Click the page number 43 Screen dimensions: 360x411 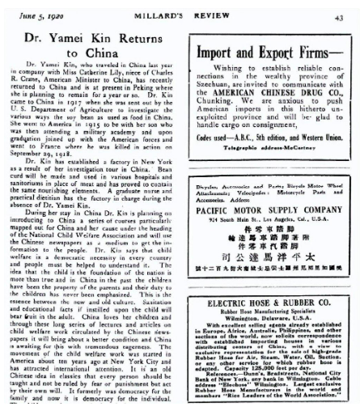[345, 8]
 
